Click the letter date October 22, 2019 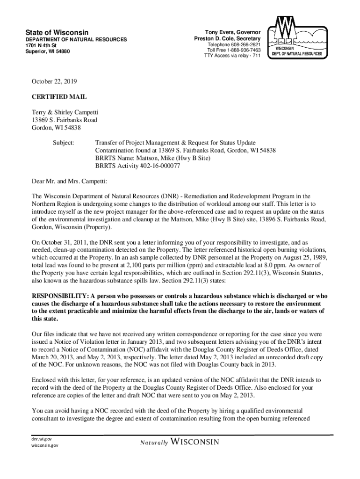pos(55,81)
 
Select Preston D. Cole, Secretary pos(227,38)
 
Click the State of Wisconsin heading pos(57,32)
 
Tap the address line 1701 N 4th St pos(41,45)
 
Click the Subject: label pos(63,142)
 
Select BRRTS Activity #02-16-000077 pos(138,166)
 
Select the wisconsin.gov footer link pos(42,446)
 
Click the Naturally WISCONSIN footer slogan pos(179,442)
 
